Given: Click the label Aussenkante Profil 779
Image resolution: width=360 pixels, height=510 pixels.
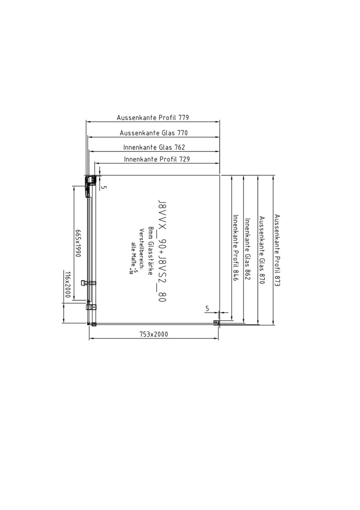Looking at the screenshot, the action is click(x=153, y=118).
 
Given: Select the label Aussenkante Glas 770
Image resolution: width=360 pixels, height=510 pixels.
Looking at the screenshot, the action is click(x=154, y=133).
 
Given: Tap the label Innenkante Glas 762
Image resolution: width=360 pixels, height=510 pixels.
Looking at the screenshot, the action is click(x=154, y=147).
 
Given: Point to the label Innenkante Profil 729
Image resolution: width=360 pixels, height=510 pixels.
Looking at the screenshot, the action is click(x=157, y=159).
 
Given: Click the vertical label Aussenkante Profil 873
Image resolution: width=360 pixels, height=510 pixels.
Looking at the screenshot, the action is click(x=277, y=250).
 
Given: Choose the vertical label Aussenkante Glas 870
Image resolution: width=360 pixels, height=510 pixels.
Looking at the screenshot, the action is click(x=262, y=250).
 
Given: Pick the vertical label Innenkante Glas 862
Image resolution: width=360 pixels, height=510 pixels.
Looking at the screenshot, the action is click(x=248, y=249).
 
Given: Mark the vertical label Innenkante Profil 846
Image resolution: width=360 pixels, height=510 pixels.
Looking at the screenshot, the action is click(x=236, y=247).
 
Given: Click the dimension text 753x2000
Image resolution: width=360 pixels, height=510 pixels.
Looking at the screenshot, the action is click(x=154, y=334).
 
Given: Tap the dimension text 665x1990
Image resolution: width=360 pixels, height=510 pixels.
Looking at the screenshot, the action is click(x=78, y=243).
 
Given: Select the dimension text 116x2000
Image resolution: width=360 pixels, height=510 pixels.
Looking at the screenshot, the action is click(x=67, y=285).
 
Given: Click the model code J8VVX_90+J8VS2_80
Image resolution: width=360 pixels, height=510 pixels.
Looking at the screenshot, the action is click(x=162, y=251).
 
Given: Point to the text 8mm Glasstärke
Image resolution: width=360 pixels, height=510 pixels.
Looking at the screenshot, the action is click(x=151, y=250).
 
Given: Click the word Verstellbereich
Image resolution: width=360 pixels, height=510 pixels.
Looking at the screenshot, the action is click(x=142, y=249).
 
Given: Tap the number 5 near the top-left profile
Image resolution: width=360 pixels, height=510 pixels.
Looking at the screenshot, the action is click(x=104, y=187).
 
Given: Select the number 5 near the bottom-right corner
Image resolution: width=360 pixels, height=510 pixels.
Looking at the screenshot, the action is click(x=207, y=308).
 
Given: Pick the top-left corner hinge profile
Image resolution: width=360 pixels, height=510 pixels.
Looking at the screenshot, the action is click(x=90, y=180).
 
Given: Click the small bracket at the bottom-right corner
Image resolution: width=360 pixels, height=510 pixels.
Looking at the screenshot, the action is click(x=216, y=322).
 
